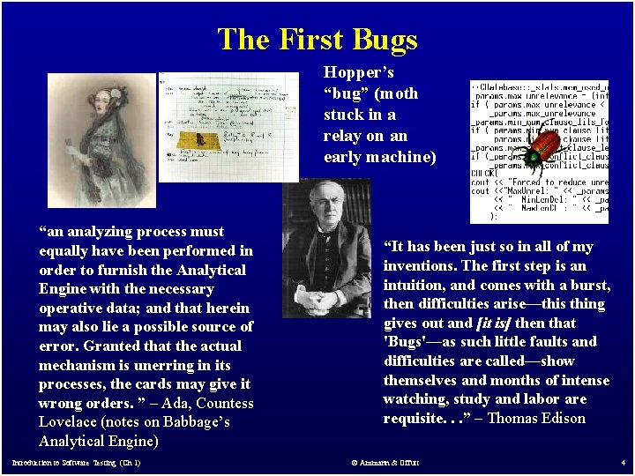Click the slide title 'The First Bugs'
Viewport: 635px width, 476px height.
tap(317, 40)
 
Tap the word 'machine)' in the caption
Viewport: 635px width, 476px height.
tap(400, 157)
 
